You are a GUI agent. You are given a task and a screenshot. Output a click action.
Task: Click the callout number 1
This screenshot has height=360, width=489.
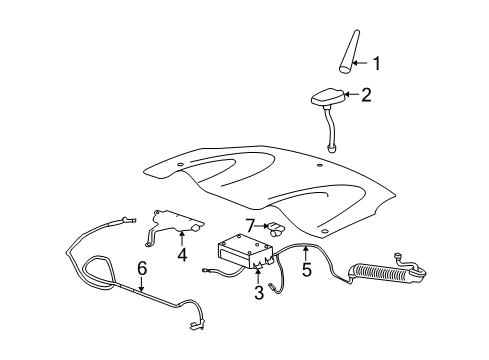pyautogui.click(x=377, y=64)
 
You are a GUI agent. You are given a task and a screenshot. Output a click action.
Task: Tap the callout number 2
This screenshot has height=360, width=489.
pyautogui.click(x=366, y=96)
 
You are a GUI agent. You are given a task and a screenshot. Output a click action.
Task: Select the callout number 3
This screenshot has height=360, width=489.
pyautogui.click(x=258, y=292)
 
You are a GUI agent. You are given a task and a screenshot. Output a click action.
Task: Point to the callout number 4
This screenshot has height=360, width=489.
pyautogui.click(x=182, y=255)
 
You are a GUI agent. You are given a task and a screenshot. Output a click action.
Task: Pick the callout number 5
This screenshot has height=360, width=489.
pyautogui.click(x=307, y=268)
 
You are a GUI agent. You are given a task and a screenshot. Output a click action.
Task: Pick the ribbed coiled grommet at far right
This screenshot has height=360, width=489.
pyautogui.click(x=381, y=270)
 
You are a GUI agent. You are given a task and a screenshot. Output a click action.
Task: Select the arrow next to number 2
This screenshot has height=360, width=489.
pyautogui.click(x=352, y=96)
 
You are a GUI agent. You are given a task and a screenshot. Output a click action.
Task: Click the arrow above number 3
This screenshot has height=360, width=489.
pyautogui.click(x=258, y=277)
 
